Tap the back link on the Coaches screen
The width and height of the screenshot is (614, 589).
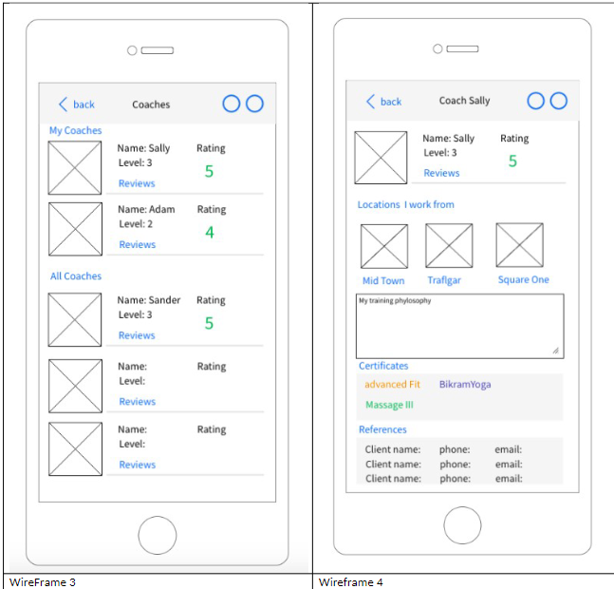pos(77,104)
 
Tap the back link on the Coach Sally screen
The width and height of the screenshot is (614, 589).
pos(384,102)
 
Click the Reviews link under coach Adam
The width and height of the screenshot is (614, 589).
pos(137,245)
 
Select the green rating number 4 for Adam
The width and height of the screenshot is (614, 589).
pos(210,233)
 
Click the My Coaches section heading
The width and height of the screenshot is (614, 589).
pos(75,131)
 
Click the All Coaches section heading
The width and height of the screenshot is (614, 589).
pos(75,276)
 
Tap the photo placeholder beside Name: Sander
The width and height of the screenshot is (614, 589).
pos(75,319)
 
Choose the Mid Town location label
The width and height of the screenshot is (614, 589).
pos(383,281)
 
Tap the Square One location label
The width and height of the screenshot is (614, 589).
pos(523,280)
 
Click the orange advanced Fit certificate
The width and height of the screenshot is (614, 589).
pos(392,385)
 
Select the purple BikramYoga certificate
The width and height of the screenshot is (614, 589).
pos(465,385)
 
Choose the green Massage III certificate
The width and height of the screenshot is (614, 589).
pos(389,406)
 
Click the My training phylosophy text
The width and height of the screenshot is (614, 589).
pos(394,301)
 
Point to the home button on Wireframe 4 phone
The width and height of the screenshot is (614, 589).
pos(462,525)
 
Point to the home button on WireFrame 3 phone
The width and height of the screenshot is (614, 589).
pos(157,536)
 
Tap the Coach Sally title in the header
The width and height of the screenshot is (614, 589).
pos(464,101)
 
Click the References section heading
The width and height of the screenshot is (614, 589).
pos(382,430)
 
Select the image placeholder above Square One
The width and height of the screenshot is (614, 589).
pos(519,245)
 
